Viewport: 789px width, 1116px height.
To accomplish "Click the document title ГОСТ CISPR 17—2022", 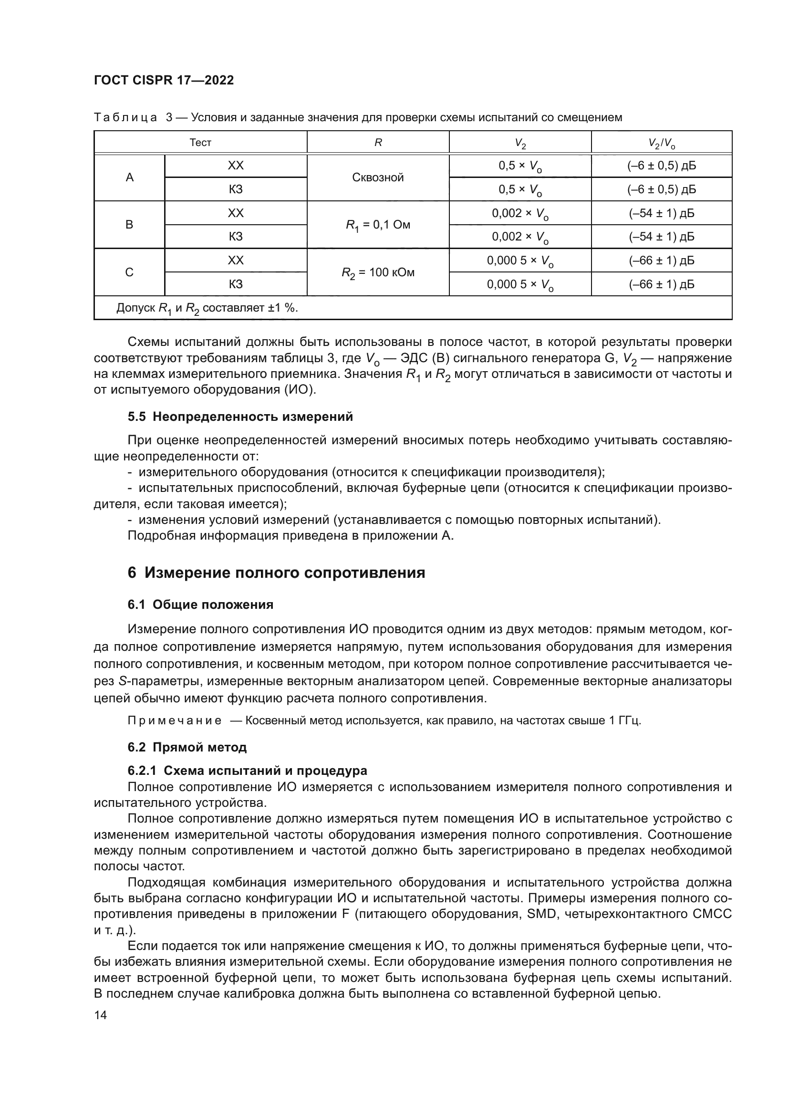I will pos(164,80).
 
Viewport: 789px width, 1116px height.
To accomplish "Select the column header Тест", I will pos(200,142).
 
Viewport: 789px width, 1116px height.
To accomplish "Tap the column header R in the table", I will pos(378,142).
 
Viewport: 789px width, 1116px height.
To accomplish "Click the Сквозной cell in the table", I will pos(378,177).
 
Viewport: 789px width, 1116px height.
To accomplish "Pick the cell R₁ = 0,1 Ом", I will pos(378,225).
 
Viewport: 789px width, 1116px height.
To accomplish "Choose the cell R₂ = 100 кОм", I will pos(378,272).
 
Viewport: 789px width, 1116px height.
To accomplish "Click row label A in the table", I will pos(130,177).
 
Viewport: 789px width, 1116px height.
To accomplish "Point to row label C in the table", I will pos(130,272).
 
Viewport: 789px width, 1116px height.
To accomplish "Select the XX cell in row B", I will pos(236,213).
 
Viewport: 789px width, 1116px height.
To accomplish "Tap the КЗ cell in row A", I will pos(236,189).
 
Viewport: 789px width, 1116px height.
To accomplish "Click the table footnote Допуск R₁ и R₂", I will pos(207,308).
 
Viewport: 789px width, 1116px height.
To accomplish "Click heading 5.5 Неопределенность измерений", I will pos(240,417).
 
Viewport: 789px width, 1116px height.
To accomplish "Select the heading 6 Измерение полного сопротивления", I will pos(276,573).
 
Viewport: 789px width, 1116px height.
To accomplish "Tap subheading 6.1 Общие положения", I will pos(200,605).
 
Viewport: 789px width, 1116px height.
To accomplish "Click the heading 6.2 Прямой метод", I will pos(187,747).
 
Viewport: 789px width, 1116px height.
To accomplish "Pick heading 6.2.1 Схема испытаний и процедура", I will pos(247,771).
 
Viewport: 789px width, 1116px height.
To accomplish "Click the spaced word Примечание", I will pos(175,720).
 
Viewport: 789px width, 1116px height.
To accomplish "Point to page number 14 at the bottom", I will pos(101,1015).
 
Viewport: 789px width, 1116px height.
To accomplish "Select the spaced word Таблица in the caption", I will pos(125,118).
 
